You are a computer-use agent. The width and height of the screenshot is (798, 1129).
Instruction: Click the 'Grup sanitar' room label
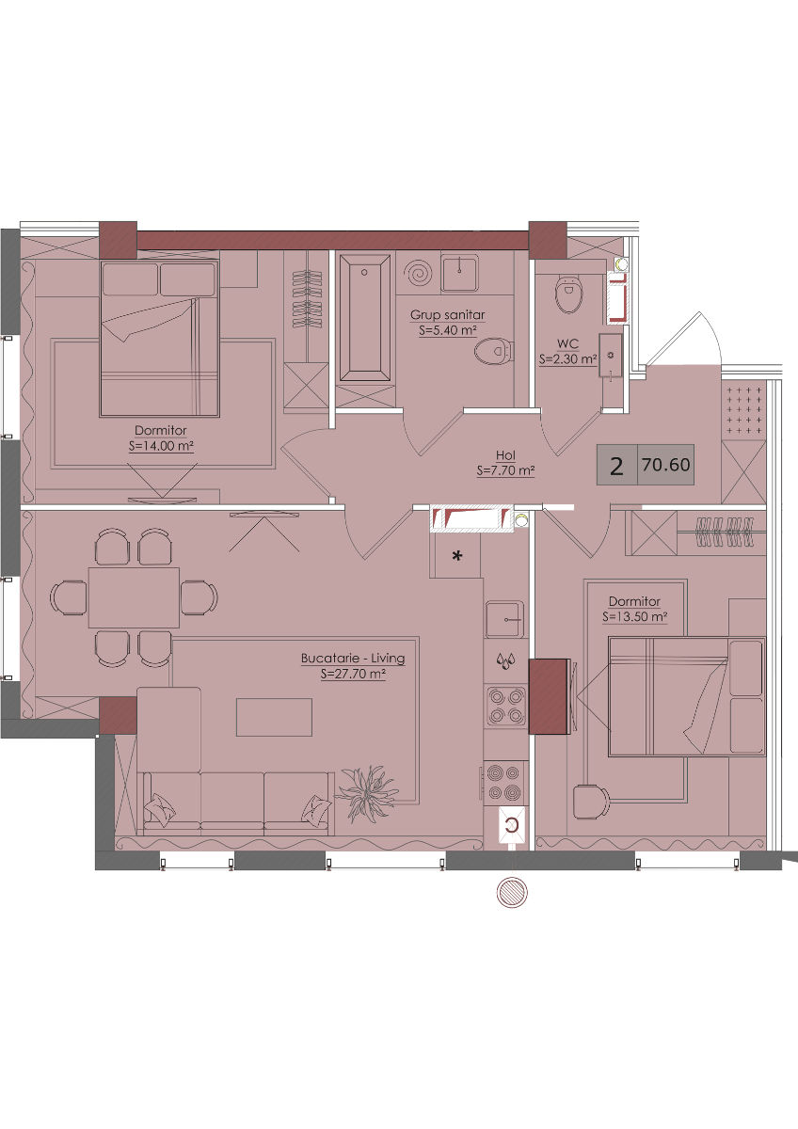pyautogui.click(x=447, y=315)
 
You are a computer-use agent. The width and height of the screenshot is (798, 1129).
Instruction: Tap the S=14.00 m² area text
pyautogui.click(x=162, y=446)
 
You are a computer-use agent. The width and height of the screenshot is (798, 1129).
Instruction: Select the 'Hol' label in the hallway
pyautogui.click(x=505, y=455)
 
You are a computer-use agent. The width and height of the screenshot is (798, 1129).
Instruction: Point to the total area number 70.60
pyautogui.click(x=666, y=465)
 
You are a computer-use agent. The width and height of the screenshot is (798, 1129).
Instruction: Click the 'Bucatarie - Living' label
pyautogui.click(x=353, y=659)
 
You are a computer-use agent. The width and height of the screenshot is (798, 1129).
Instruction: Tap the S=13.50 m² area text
pyautogui.click(x=635, y=617)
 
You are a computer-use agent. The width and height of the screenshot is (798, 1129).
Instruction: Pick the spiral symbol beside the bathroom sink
pyautogui.click(x=419, y=274)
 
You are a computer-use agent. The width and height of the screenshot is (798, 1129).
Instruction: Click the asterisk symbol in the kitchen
pyautogui.click(x=457, y=556)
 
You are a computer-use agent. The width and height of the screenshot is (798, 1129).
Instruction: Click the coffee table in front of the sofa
pyautogui.click(x=274, y=717)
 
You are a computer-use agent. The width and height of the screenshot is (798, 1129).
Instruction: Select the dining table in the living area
pyautogui.click(x=134, y=597)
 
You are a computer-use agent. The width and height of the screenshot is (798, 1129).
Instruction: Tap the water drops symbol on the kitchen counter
pyautogui.click(x=504, y=661)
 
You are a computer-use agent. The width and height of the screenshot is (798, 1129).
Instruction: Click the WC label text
pyautogui.click(x=567, y=344)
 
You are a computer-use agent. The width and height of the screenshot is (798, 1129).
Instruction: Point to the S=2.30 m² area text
pyautogui.click(x=567, y=359)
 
